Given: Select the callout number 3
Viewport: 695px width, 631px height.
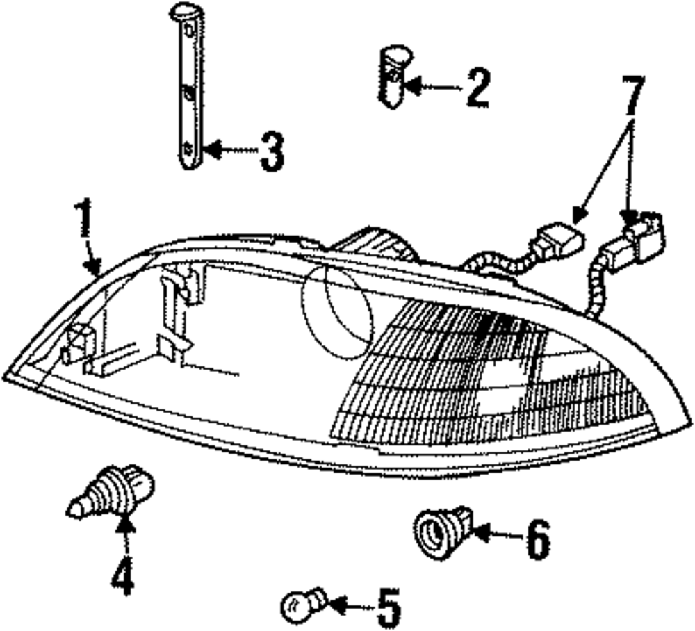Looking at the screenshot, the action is pyautogui.click(x=272, y=152).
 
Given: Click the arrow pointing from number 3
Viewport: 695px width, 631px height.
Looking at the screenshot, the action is pyautogui.click(x=229, y=149).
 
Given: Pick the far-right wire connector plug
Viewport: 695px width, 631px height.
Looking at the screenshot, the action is pyautogui.click(x=642, y=236).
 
